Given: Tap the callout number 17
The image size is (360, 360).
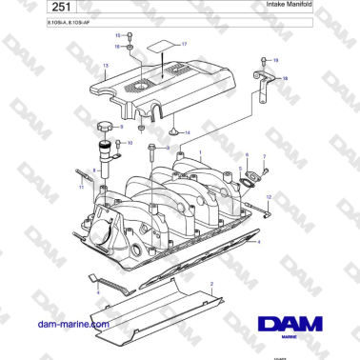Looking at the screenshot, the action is point(185,45).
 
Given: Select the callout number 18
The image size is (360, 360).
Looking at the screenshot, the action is point(284,76).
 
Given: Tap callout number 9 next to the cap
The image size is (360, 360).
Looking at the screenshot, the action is point(123,125).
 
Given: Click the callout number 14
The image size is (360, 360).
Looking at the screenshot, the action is point(187,132).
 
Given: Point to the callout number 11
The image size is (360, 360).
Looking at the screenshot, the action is point(81,188).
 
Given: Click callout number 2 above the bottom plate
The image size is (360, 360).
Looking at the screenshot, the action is point(211,284).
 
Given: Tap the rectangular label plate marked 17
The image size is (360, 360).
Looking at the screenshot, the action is point(163,47).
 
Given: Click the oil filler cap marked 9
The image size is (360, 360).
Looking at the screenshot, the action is point(104,128).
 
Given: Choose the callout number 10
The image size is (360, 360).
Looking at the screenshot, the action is point(130,143).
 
